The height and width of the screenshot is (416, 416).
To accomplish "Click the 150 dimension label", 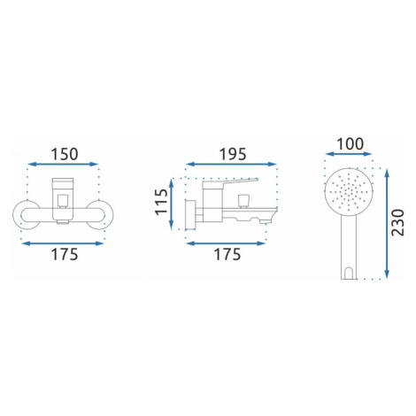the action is (x=65, y=154).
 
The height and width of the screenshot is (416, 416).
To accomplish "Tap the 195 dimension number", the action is (x=233, y=154).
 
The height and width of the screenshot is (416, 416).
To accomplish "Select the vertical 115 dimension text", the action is (x=162, y=202).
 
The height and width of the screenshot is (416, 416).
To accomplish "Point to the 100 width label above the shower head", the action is (x=350, y=144).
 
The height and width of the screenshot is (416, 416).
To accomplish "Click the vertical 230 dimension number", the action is (x=397, y=222).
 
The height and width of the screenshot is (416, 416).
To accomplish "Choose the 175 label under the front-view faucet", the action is (x=65, y=254).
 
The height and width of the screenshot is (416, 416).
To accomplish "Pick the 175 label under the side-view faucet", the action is (x=227, y=254).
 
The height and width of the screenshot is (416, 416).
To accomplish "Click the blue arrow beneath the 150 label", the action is (x=63, y=165).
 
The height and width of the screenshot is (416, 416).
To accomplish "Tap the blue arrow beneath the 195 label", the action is (x=231, y=165).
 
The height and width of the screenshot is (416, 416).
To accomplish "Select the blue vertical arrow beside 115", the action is (x=172, y=204).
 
